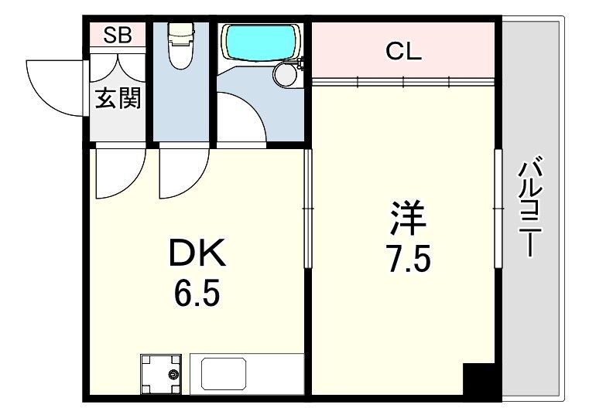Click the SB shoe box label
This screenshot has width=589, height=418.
(118, 35)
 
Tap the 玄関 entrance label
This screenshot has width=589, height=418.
(118, 98)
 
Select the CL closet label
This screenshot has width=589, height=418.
(403, 52)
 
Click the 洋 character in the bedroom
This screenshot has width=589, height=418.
(407, 219)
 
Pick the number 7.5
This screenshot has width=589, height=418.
(408, 258)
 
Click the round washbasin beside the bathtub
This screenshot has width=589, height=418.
(286, 75)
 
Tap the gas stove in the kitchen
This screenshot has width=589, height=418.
(161, 373)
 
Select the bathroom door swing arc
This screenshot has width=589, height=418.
(242, 116)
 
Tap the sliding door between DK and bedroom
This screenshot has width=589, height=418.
(307, 209)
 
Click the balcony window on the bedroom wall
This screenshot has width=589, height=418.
(498, 208)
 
